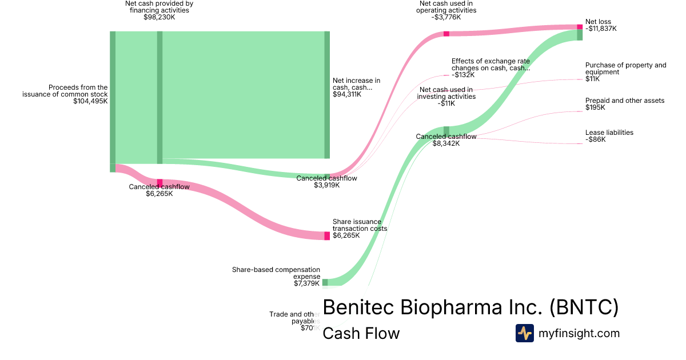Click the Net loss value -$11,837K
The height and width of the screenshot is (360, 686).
click(601, 29)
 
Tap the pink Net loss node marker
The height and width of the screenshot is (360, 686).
click(580, 27)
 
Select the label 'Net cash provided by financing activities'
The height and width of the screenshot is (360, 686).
click(159, 7)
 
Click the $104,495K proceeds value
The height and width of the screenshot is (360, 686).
click(90, 101)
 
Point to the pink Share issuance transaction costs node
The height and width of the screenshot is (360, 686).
click(327, 235)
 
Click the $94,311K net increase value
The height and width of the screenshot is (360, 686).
click(347, 94)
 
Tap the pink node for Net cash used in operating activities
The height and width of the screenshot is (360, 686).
click(446, 34)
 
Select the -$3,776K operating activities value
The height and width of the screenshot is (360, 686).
click(446, 17)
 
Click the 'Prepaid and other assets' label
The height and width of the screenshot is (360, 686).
click(624, 101)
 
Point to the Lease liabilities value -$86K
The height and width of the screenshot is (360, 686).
click(595, 139)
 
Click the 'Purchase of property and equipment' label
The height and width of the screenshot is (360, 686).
click(625, 69)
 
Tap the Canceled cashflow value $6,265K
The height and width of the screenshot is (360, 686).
click(159, 194)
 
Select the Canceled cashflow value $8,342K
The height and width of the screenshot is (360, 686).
click(446, 143)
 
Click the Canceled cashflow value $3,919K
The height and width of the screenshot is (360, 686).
click(326, 185)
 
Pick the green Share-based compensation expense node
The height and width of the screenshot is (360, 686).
click(325, 282)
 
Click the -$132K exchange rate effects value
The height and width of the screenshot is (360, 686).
click(463, 75)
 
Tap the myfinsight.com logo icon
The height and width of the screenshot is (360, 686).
click(524, 333)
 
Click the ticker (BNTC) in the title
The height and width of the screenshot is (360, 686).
click(584, 307)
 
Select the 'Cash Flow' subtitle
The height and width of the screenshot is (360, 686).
click(361, 333)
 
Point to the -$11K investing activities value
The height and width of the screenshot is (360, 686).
click(446, 103)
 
